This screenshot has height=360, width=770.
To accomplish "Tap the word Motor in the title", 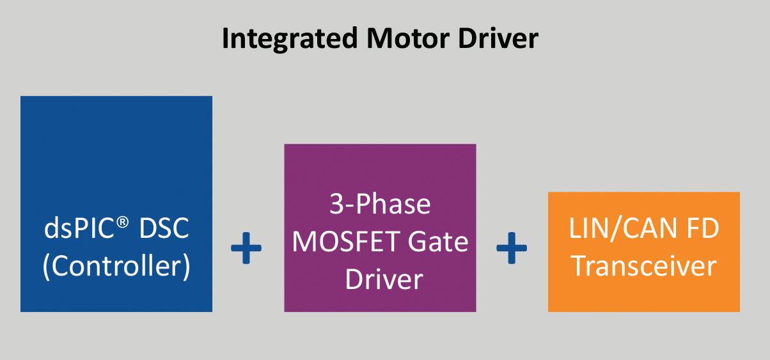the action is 407,38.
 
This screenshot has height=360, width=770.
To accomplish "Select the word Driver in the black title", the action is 498,38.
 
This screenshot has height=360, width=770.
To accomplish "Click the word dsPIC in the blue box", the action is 79,228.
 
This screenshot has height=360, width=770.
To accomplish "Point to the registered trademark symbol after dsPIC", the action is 122,222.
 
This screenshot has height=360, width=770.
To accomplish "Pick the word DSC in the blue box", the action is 164,228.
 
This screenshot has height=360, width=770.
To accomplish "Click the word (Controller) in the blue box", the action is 116,266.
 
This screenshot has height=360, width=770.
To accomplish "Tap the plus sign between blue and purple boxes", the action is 246,248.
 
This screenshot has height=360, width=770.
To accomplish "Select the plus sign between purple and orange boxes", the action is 512,248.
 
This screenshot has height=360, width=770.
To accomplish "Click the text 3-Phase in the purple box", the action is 380,204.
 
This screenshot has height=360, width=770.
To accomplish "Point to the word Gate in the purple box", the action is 438,242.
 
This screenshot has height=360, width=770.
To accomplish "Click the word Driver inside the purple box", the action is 384,279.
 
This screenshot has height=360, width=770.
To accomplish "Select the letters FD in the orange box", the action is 703,228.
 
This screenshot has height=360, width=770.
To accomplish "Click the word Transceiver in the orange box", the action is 643,266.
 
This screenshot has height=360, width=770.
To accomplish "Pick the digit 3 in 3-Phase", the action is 336,204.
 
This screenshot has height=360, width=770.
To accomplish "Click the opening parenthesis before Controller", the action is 47,267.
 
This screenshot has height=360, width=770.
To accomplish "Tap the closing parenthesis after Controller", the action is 186,267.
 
